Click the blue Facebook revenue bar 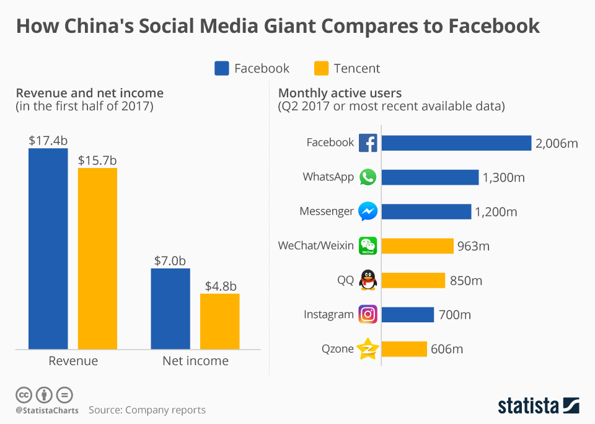tap(48, 248)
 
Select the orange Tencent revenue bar tap(97, 258)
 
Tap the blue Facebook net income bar tap(170, 308)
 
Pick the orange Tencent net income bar tap(219, 321)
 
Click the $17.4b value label tap(48, 141)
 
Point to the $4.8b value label tap(219, 286)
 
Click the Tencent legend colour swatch tap(321, 68)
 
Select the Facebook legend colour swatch tap(222, 68)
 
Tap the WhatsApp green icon tap(368, 177)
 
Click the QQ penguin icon tap(368, 280)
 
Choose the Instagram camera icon tap(368, 314)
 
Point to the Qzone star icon tap(368, 349)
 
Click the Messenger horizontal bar tap(426, 211)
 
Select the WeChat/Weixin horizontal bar tap(417, 246)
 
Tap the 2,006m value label tap(557, 143)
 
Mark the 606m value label tap(447, 350)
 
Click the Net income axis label tap(195, 361)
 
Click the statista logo tap(539, 406)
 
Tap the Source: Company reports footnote tap(147, 410)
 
